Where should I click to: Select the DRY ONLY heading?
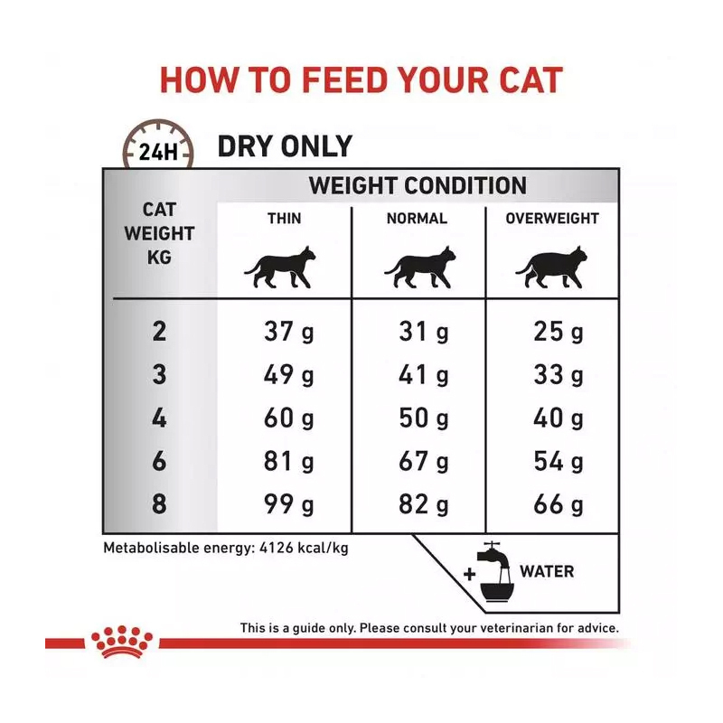[x=285, y=146]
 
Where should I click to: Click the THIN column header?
[x=284, y=218]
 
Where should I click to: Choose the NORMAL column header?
[x=417, y=218]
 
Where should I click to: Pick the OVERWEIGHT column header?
[x=552, y=218]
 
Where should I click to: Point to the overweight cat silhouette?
[x=551, y=268]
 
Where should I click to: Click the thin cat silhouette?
[x=280, y=268]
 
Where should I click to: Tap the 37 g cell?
[x=288, y=332]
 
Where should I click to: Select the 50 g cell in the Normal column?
[x=423, y=418]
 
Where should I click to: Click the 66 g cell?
[x=558, y=504]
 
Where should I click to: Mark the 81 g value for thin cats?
[x=288, y=461]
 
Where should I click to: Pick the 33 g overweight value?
[x=558, y=375]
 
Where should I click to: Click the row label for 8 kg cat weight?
[x=159, y=503]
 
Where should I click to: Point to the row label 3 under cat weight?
[x=159, y=374]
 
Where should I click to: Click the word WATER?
[x=547, y=572]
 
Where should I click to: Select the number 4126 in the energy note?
[x=277, y=548]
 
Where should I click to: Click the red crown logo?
[x=122, y=642]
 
